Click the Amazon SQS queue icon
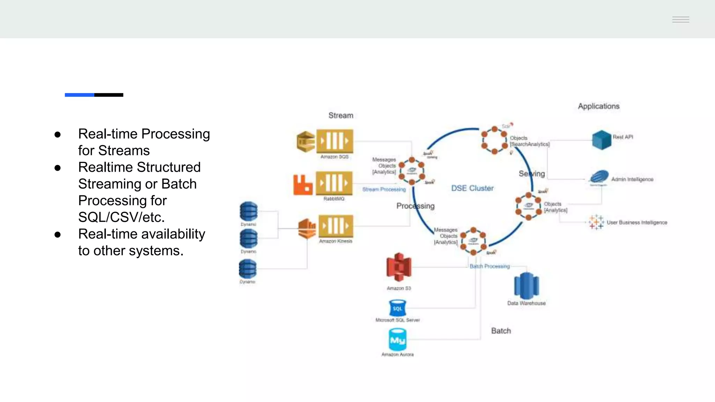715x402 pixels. point(334,141)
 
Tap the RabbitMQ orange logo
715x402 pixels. point(303,185)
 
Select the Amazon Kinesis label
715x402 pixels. point(336,241)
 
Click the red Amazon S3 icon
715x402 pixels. point(399,267)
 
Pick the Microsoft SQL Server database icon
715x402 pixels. point(397,308)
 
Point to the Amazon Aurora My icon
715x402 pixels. point(397,340)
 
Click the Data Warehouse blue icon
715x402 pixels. point(526,285)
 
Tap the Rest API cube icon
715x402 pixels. point(602,140)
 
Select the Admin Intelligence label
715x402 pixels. point(632,179)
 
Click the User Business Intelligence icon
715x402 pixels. point(596,222)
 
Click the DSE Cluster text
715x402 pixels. point(472,188)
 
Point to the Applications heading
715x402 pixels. point(598,106)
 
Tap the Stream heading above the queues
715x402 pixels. point(341,116)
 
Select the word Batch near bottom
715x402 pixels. point(501,331)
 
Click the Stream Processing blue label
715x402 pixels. point(384,189)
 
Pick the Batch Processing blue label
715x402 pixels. point(489,266)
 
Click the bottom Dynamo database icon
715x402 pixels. point(248,269)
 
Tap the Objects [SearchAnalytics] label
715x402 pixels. point(529,141)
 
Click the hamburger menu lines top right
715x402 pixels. point(680,20)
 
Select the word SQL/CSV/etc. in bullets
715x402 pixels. point(121,217)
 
